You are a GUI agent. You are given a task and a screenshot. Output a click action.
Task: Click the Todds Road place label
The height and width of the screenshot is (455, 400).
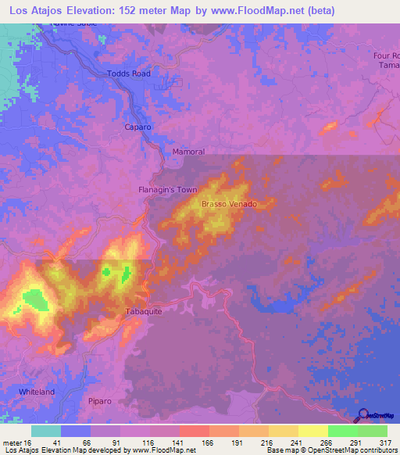point(127,73)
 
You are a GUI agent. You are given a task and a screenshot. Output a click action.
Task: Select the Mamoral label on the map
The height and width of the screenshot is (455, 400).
point(187,152)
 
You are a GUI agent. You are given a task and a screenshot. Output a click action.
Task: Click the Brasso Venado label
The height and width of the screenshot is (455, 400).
point(229,204)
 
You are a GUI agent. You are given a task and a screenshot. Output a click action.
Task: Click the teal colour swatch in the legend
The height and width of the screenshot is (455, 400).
point(46,431)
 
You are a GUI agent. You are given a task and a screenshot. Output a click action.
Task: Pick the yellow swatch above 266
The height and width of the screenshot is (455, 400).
point(312,431)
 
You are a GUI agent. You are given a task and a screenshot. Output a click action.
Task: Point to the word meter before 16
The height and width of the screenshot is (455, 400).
point(13,442)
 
